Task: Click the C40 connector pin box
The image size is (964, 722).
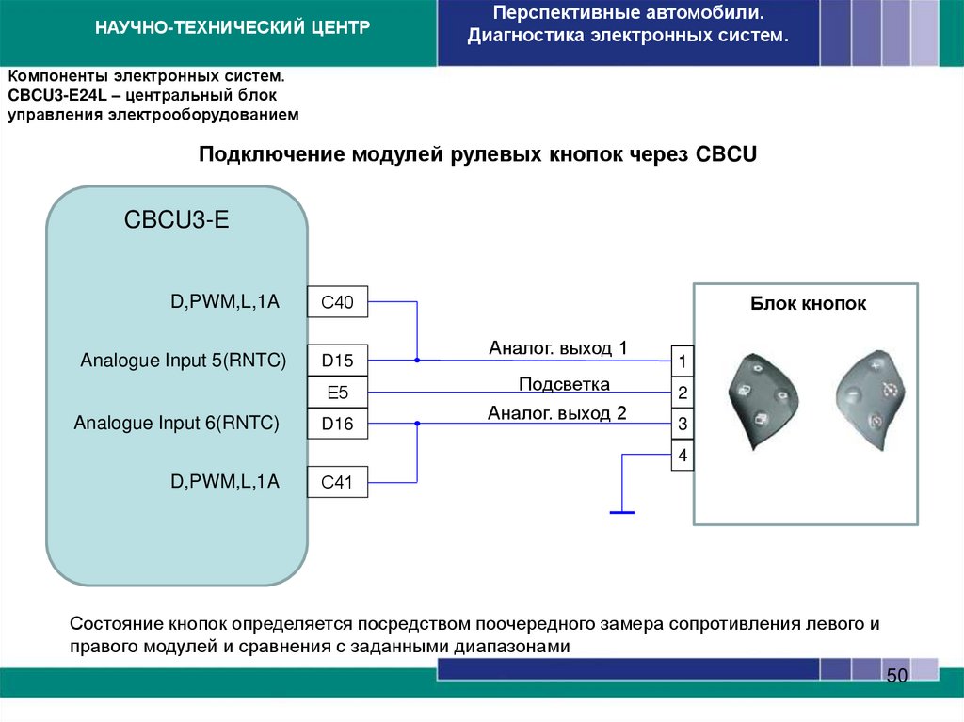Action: click(x=337, y=302)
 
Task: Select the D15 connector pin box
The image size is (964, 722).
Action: click(x=337, y=361)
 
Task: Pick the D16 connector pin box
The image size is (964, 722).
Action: click(x=337, y=425)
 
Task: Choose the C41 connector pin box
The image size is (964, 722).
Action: click(x=337, y=483)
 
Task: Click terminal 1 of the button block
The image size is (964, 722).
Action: click(x=683, y=361)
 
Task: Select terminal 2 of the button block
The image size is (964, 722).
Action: click(x=683, y=393)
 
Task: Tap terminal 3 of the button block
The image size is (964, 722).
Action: click(x=683, y=425)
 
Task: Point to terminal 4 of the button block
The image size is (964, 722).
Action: click(x=683, y=457)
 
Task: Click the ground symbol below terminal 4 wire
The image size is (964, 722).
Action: click(x=621, y=512)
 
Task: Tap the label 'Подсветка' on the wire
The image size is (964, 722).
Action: click(x=564, y=384)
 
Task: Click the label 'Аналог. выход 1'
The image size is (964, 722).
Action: click(x=557, y=348)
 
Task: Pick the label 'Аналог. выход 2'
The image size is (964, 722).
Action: click(x=556, y=412)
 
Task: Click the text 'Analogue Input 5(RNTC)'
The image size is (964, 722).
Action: click(x=183, y=361)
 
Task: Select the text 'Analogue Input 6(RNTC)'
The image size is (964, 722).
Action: click(x=177, y=424)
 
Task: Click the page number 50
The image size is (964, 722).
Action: click(x=895, y=677)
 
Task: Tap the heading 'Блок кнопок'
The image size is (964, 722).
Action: click(x=808, y=304)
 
